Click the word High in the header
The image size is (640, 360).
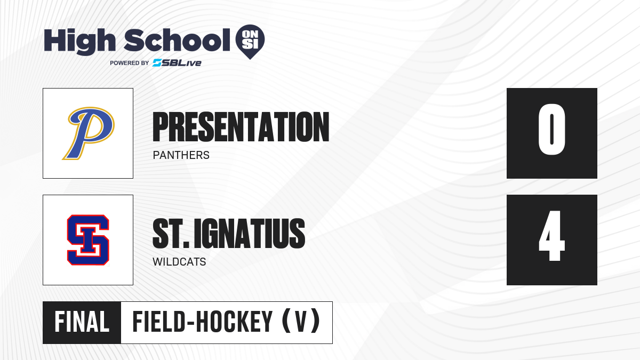79,41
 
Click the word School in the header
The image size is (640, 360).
177,40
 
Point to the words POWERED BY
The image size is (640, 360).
130,63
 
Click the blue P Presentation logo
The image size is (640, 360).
89,133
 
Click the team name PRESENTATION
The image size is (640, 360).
241,127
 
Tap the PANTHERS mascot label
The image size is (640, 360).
181,155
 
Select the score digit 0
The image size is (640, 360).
551,129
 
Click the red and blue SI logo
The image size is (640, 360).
88,240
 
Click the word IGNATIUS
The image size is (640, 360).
250,234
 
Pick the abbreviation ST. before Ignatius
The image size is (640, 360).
171,234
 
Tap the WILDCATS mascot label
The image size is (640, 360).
179,262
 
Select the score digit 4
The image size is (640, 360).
551,236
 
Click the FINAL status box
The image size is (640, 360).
82,323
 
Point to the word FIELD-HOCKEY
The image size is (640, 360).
203,322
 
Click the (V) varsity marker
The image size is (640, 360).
301,322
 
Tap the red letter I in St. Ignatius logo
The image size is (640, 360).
88,240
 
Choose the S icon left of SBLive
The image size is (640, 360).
157,63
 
